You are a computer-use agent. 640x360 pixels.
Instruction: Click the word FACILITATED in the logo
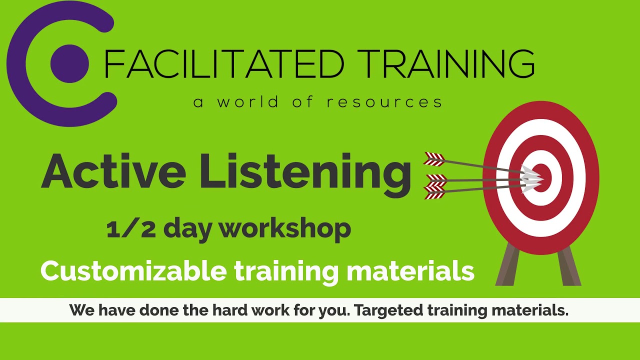pos(223,63)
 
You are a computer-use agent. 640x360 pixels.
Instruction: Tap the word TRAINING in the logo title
pos(446,63)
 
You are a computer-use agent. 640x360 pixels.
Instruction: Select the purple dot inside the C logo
pos(69,63)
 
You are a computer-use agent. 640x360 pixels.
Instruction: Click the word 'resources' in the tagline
pos(384,102)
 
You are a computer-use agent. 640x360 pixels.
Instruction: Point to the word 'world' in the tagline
pos(248,102)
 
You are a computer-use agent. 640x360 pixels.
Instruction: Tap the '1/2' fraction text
pos(131,228)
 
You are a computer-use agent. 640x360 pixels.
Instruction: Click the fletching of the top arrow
pos(434,159)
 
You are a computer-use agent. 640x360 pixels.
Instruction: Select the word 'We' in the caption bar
pos(82,310)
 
